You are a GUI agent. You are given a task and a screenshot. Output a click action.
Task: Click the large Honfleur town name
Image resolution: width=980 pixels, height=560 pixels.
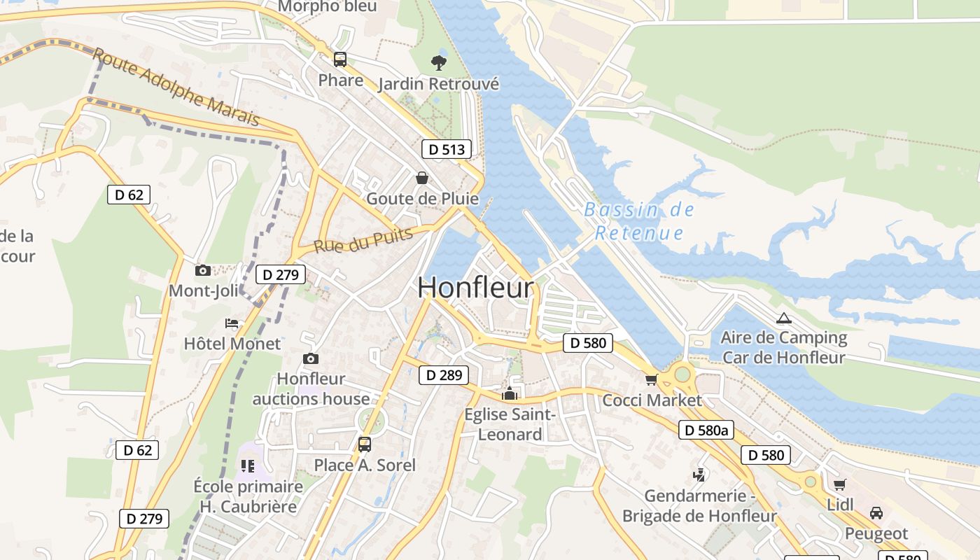tap(476, 288)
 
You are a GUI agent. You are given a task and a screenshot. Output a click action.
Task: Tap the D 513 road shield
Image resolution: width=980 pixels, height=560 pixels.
tap(446, 149)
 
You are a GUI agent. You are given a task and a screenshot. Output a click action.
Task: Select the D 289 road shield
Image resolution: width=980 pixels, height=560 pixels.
tap(444, 375)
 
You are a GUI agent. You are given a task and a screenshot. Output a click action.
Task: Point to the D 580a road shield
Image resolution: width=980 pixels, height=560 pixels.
tap(706, 430)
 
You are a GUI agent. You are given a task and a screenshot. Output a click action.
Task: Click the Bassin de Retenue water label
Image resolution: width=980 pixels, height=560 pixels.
tap(638, 221)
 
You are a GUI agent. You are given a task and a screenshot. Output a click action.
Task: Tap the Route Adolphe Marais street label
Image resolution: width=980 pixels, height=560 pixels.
tap(176, 87)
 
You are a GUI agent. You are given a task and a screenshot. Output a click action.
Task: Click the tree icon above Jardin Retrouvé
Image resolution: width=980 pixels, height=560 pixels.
tap(439, 63)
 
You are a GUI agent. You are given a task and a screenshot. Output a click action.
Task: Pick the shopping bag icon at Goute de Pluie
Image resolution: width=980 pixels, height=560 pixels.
tap(422, 178)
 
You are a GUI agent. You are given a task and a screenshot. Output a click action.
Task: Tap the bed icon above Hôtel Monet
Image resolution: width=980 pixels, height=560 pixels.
tap(232, 323)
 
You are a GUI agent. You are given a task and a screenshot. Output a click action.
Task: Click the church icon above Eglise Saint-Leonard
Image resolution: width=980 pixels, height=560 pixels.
tap(510, 393)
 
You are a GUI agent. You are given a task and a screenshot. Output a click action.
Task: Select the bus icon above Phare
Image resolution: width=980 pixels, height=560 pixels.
tap(340, 59)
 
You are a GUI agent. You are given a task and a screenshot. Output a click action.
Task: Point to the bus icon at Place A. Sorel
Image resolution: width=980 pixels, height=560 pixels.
tap(364, 444)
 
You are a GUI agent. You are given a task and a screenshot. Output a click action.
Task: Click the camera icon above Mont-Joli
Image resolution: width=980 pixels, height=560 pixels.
tap(203, 270)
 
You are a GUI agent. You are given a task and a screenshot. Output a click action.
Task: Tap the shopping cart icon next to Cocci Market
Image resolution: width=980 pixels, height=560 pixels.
tap(652, 379)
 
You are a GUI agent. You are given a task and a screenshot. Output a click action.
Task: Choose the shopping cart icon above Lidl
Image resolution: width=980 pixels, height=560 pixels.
tap(839, 484)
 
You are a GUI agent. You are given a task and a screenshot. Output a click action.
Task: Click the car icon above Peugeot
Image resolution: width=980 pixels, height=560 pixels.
tap(876, 513)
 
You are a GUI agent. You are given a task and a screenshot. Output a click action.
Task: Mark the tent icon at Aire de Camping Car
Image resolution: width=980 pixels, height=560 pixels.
tap(784, 318)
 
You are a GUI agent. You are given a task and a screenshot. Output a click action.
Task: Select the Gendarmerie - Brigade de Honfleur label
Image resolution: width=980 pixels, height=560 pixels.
tap(699, 506)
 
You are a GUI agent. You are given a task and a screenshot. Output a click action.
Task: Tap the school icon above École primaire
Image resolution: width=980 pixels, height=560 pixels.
tap(248, 465)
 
